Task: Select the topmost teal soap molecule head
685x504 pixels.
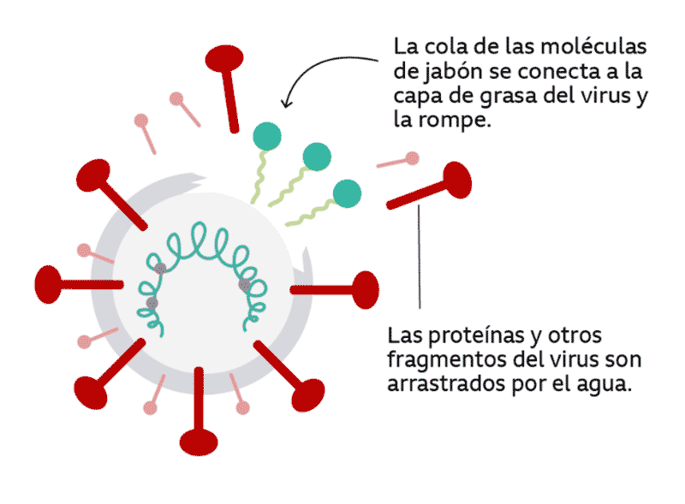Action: click(x=267, y=135)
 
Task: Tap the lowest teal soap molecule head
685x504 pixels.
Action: click(x=346, y=193)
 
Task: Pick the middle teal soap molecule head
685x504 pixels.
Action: click(x=316, y=156)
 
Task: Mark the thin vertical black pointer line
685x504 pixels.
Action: click(x=420, y=257)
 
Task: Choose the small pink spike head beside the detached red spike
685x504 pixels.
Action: click(x=412, y=158)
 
